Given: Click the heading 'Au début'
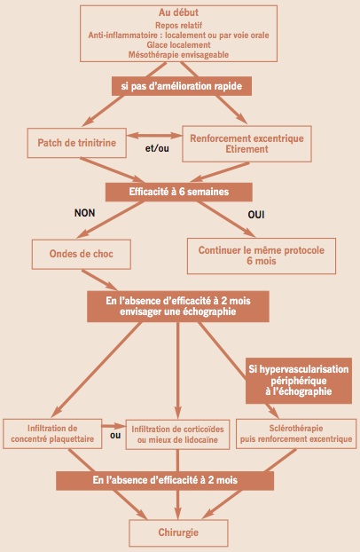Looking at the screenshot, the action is click(x=178, y=12).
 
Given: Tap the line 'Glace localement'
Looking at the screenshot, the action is click(x=178, y=45).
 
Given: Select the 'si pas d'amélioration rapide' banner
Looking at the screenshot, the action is click(x=182, y=86).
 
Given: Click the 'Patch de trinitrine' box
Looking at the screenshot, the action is click(x=77, y=143).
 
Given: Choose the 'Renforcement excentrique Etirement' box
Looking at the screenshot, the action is click(x=247, y=144).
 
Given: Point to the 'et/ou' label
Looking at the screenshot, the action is click(x=157, y=148).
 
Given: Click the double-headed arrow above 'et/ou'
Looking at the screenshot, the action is click(x=154, y=135).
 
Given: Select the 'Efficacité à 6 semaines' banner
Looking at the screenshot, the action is click(x=179, y=192).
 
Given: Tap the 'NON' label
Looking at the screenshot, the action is click(x=85, y=213).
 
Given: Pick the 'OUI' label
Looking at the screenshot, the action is click(x=256, y=215).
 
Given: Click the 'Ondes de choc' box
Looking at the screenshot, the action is click(x=82, y=254).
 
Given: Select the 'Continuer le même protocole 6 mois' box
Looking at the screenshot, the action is click(x=261, y=256).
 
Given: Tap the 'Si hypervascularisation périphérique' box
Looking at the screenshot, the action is click(x=299, y=381).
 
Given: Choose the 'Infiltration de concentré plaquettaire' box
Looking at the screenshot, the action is click(x=52, y=434).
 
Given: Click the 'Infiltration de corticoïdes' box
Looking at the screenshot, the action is click(x=177, y=435).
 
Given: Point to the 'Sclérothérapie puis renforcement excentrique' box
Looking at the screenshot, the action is click(x=296, y=434).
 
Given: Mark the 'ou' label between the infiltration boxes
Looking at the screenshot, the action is click(x=115, y=436).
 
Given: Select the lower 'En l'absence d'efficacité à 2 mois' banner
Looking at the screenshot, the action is click(x=165, y=480).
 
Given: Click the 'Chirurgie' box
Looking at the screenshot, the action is click(x=178, y=532).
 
